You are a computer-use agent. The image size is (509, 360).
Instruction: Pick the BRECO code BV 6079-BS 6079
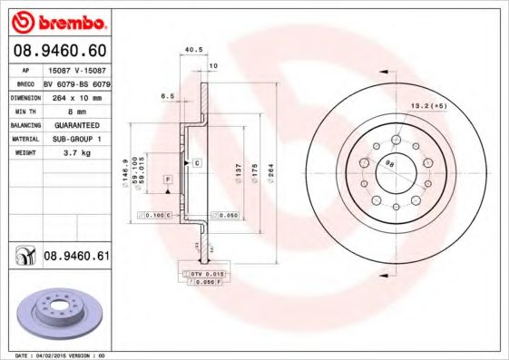click(x=76, y=82)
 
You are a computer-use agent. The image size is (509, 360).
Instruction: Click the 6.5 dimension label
click(x=167, y=94)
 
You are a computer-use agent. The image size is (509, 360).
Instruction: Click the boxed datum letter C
click(x=197, y=161)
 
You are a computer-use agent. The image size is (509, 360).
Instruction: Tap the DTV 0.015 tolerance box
click(x=206, y=273)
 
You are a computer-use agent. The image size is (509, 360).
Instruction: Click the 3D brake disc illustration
click(x=56, y=312)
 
